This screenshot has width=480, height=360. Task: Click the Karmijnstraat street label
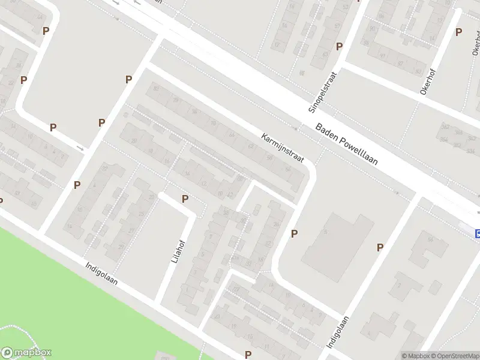(283, 148)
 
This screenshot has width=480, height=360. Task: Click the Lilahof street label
(173, 251)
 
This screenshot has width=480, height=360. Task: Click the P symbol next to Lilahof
(185, 199)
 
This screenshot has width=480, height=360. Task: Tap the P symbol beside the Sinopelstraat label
(339, 46)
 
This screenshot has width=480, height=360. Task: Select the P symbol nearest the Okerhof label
(458, 32)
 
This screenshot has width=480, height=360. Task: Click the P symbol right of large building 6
(380, 247)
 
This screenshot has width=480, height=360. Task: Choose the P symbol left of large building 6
(294, 233)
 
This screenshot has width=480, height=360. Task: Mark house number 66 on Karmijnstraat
(232, 135)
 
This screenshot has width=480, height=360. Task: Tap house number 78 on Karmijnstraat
(176, 100)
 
